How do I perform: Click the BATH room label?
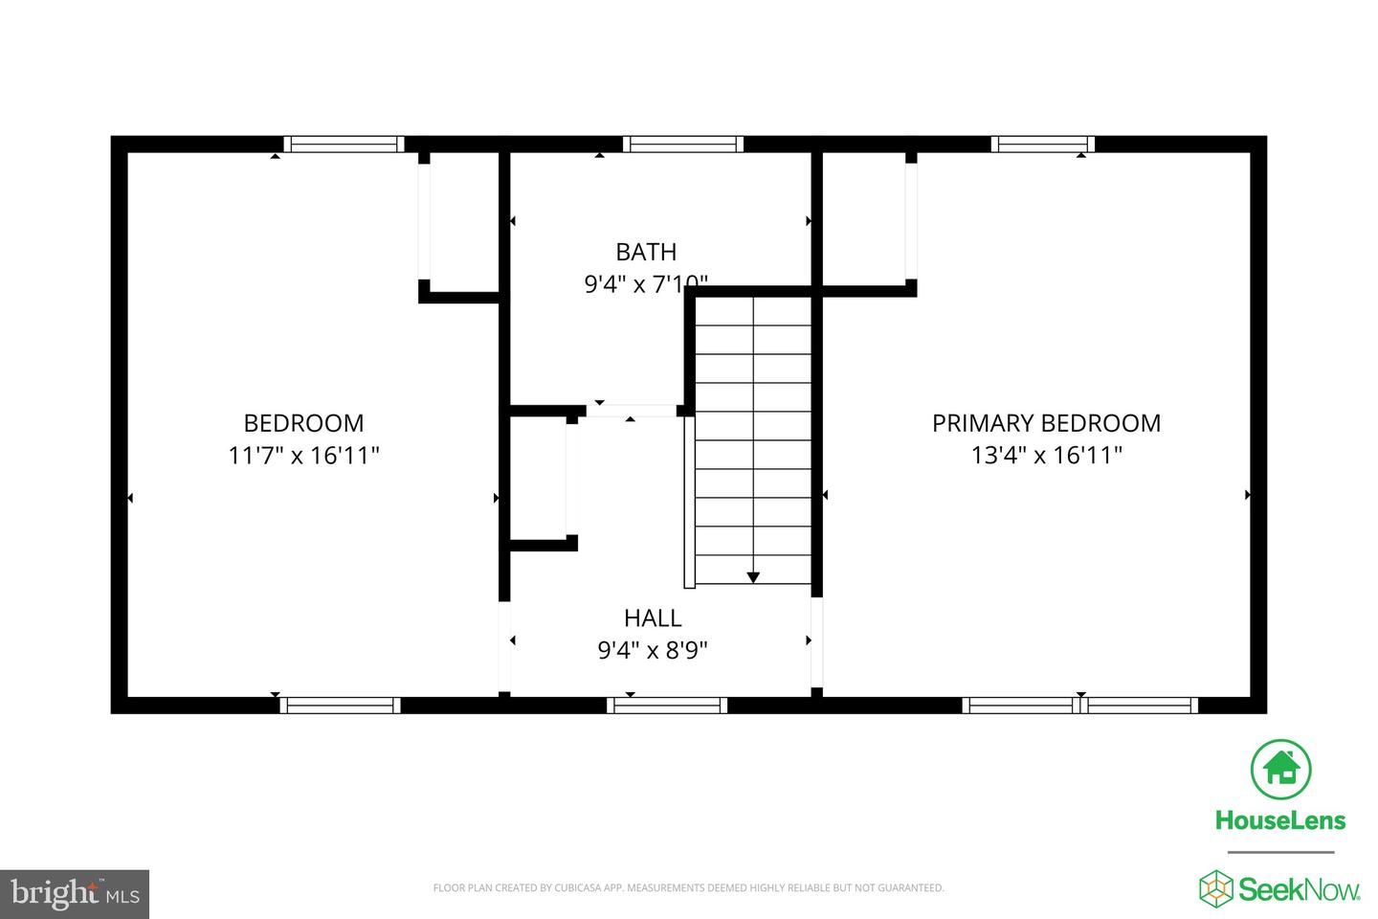coord(646,252)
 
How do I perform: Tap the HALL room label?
coord(653,618)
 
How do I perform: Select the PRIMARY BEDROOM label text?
coord(1046,423)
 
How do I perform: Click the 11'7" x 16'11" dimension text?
coord(304,456)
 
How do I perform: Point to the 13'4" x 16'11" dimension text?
coord(1046,456)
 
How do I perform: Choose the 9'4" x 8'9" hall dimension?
coord(653,651)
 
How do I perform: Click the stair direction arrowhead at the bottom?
coord(753,577)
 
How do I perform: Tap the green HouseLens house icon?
coord(1280,769)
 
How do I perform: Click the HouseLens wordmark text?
coord(1280,820)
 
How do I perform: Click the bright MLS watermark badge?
coord(75,894)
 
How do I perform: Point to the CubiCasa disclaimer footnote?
coord(688,888)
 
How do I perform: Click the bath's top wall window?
coord(683,145)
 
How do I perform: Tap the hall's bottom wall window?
coord(667,706)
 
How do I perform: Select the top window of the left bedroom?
coord(344,145)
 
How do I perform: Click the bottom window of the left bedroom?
coord(340,706)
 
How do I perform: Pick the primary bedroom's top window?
coord(1043,145)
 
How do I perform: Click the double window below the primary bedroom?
coord(1079,706)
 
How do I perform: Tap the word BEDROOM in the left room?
coord(304,423)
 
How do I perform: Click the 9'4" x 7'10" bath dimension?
coord(646,284)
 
